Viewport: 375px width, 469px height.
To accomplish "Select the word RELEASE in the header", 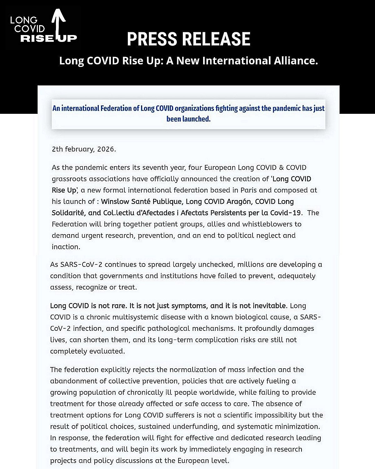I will (x=216, y=39).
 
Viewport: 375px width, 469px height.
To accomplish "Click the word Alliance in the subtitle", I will (x=296, y=60).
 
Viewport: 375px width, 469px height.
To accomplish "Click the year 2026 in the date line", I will (x=106, y=149).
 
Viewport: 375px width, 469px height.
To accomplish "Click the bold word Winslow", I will (x=114, y=202).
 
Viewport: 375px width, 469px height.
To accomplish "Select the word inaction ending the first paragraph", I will (x=66, y=247).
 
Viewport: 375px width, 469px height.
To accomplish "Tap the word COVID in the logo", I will (x=30, y=29).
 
